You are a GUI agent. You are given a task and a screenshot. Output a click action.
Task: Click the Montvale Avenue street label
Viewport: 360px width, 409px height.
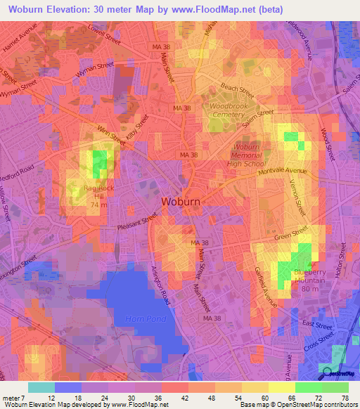(284, 171)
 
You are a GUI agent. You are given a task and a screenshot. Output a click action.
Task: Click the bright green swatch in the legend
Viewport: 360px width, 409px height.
(308, 387)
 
